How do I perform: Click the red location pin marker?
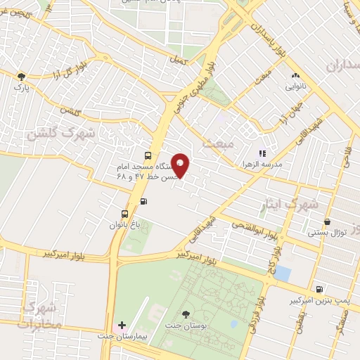(181, 165)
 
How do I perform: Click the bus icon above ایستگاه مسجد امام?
(147, 155)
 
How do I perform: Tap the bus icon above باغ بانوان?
(124, 214)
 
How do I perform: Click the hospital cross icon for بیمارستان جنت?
(122, 326)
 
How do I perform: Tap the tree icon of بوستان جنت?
(186, 314)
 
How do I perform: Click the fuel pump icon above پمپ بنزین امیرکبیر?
(320, 289)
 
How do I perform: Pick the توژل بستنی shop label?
(327, 232)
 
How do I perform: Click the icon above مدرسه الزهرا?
(262, 153)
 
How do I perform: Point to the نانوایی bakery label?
(295, 86)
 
